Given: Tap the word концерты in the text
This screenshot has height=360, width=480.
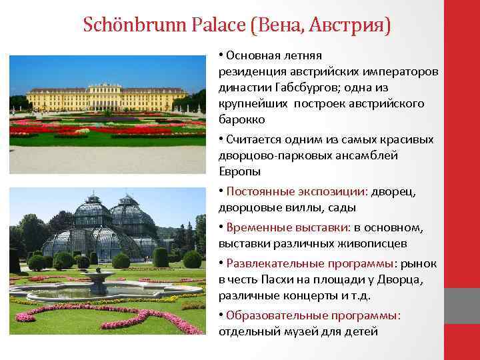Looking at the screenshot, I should (x=299, y=295).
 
